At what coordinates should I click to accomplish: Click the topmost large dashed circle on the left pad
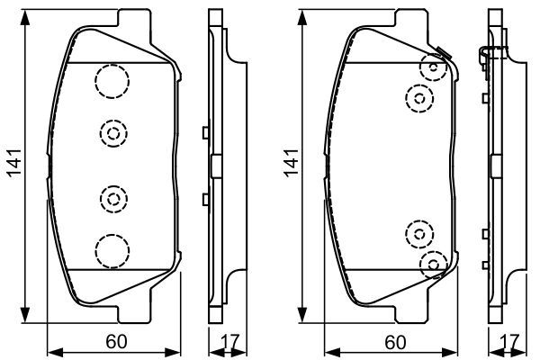(x=111, y=82)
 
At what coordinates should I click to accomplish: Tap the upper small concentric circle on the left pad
(x=112, y=133)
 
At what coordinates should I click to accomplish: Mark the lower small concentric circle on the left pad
(x=112, y=196)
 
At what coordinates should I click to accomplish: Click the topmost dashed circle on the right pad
(x=435, y=67)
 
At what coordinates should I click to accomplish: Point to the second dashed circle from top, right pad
(x=419, y=96)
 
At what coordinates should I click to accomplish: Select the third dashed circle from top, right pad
(x=419, y=234)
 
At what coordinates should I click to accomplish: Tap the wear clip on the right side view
(x=484, y=56)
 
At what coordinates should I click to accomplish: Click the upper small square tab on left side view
(x=206, y=133)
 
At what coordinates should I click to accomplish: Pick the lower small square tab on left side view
(x=206, y=198)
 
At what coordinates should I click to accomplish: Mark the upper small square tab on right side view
(x=484, y=96)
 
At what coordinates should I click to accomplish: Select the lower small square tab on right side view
(x=484, y=234)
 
